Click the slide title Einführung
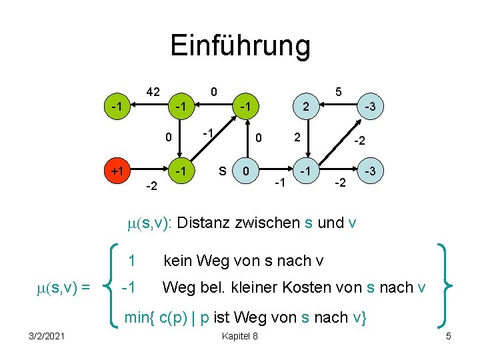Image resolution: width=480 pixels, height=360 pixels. (x=240, y=46)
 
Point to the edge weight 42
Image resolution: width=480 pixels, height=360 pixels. (x=153, y=92)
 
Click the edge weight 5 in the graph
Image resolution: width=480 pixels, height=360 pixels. (x=339, y=92)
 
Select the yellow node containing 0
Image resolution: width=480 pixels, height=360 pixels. (x=246, y=171)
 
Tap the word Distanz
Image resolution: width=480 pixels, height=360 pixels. (x=207, y=223)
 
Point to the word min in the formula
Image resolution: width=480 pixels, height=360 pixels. (x=138, y=317)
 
